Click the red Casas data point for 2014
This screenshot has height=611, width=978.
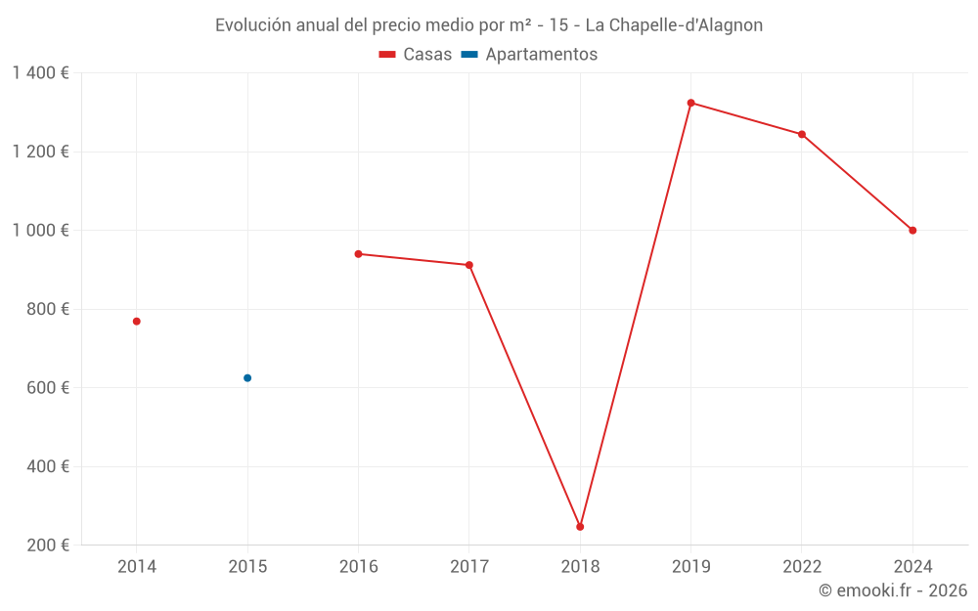(137, 322)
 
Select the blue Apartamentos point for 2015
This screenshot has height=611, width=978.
(247, 378)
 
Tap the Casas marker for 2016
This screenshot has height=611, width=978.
(358, 254)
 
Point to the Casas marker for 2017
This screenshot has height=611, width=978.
(469, 265)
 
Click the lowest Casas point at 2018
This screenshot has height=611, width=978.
(580, 527)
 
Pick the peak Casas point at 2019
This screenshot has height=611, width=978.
(690, 103)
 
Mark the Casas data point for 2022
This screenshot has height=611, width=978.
(802, 135)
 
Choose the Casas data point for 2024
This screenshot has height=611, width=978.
(912, 231)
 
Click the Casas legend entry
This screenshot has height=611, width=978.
(416, 55)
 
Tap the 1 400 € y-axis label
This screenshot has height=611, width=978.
(40, 73)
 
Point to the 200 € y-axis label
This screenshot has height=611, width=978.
(47, 546)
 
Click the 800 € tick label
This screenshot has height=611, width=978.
(47, 309)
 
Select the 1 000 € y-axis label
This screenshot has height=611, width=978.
(40, 231)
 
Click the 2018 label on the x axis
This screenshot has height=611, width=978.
(580, 567)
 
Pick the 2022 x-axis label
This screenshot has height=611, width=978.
(802, 567)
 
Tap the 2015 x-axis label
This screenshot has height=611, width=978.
(247, 567)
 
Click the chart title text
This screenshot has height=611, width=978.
(489, 25)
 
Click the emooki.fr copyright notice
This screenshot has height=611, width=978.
(893, 590)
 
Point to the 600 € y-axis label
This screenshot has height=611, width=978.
(47, 388)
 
